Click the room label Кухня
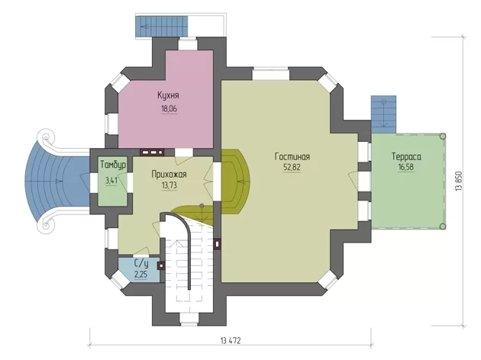tap(168, 95)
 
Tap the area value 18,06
tap(169, 109)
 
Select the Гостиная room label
tap(292, 156)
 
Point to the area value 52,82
tap(292, 168)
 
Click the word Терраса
tap(406, 156)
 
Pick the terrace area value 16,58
tap(406, 167)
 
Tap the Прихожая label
tap(169, 175)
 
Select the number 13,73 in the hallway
tap(169, 185)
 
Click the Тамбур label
tap(113, 165)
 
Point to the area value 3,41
tap(111, 181)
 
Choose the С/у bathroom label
tap(141, 263)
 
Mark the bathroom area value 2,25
tap(140, 275)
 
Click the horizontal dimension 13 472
tap(231, 341)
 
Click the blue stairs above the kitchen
tap(161, 26)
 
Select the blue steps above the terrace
tap(383, 114)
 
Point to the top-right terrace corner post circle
tap(442, 136)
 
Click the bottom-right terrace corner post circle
tap(442, 227)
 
